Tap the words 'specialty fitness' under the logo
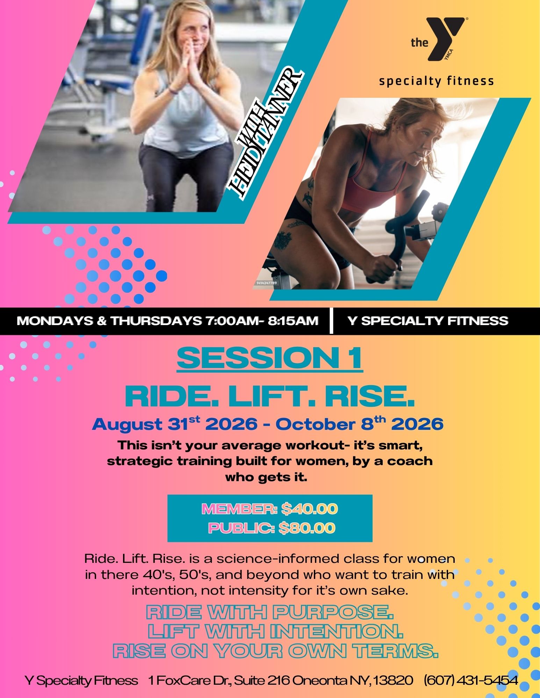[x=437, y=81]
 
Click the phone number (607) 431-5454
[x=470, y=681]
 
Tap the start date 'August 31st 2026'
[x=175, y=424]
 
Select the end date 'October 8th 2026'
[x=359, y=424]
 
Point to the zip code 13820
[x=393, y=681]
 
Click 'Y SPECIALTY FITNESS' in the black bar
[x=428, y=321]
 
